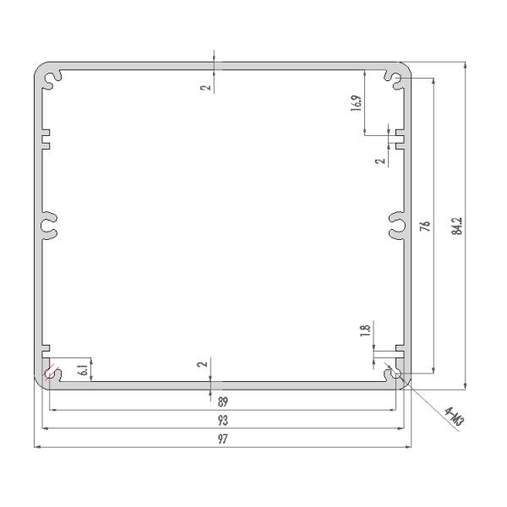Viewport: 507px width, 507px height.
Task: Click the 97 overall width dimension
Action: coord(223,439)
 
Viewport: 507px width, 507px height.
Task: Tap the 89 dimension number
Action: coord(223,402)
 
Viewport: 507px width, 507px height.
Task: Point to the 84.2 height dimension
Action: coord(458,226)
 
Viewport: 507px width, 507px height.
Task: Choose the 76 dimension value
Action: coord(426,226)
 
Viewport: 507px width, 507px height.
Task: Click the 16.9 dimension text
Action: coord(357,103)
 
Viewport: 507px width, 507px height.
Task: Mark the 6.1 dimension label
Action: coord(82,368)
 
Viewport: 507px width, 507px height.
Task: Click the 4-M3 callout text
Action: coord(455,416)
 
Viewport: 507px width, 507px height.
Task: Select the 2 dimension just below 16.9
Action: coord(381,157)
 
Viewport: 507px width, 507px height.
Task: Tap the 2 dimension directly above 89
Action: coord(201,364)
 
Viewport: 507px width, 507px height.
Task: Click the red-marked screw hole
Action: coord(49,372)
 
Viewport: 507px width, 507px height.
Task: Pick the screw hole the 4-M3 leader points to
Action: coord(395,373)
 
